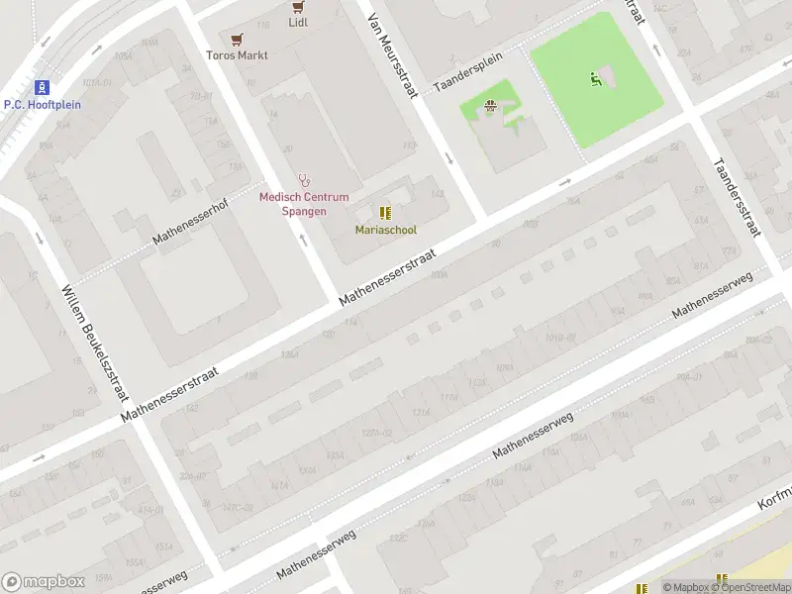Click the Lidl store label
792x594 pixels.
[298, 22]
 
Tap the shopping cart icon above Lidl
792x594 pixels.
[298, 5]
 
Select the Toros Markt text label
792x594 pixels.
[237, 55]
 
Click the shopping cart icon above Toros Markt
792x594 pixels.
[237, 40]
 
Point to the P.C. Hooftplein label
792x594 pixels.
[42, 104]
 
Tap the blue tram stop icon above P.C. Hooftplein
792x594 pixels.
[42, 87]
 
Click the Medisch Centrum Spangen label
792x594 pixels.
[304, 203]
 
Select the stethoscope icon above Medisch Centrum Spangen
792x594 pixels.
[304, 181]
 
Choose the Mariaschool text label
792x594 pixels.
[386, 230]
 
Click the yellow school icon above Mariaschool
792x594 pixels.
[385, 213]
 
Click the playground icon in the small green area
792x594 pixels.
[489, 106]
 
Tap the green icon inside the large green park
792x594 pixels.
[596, 78]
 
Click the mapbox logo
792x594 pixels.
[44, 582]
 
